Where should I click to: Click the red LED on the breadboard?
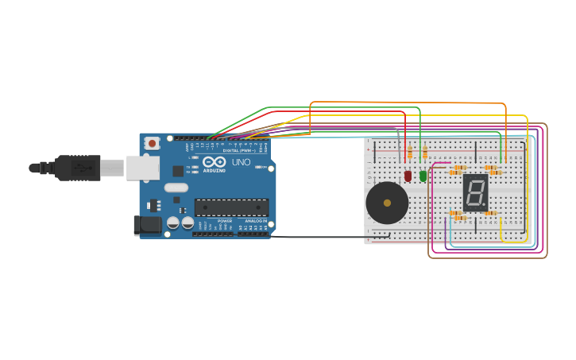[408, 176]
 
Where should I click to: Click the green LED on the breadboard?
[423, 176]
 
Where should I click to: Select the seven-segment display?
[475, 192]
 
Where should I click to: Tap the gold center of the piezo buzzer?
[387, 203]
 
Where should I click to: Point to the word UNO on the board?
[241, 162]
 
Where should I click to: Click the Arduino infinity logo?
[214, 161]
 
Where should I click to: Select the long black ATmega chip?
[231, 207]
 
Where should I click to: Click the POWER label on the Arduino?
[225, 221]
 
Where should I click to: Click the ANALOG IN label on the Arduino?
[255, 221]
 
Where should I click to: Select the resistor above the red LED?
[409, 153]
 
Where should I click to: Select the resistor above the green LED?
[424, 153]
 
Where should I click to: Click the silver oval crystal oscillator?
[176, 188]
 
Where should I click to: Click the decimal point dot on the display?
[485, 205]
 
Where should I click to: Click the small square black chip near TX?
[178, 171]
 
